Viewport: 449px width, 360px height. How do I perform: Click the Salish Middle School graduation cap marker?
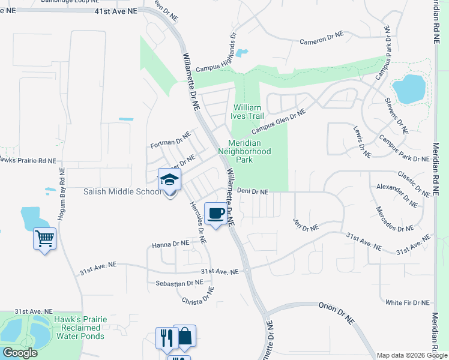(169, 180)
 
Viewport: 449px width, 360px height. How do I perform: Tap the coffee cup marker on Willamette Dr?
(215, 213)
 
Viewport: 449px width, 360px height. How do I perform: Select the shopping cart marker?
(44, 239)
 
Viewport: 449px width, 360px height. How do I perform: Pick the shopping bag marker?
(185, 336)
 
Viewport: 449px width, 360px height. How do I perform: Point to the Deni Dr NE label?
(252, 191)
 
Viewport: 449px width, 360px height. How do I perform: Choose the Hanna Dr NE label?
(170, 245)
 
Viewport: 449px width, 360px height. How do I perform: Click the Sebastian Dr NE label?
(179, 283)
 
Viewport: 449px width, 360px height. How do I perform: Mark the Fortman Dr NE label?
(170, 142)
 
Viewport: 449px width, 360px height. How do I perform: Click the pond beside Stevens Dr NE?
(409, 88)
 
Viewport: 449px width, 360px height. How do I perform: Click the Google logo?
(20, 353)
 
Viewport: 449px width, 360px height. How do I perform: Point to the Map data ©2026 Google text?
(412, 355)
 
